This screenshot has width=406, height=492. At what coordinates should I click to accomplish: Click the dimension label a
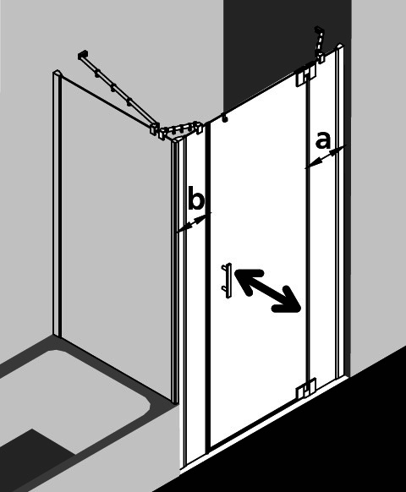(x=323, y=140)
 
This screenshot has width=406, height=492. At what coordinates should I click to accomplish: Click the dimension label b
(x=196, y=199)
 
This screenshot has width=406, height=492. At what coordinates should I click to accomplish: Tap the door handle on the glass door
(x=227, y=281)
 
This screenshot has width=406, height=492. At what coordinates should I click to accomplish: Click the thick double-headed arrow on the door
(x=267, y=291)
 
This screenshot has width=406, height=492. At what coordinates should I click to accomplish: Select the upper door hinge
(x=306, y=75)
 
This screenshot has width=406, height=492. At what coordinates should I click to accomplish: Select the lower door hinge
(x=306, y=388)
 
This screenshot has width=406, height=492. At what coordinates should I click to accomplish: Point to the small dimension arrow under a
(x=326, y=157)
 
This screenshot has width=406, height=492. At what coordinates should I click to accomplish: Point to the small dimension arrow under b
(x=194, y=223)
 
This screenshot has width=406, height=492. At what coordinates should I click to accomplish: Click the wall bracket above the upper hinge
(x=320, y=46)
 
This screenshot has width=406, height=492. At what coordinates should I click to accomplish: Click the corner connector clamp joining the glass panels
(x=176, y=129)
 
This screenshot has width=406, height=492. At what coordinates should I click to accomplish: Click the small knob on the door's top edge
(x=224, y=118)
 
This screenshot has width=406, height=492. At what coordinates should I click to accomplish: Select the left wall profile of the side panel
(x=57, y=204)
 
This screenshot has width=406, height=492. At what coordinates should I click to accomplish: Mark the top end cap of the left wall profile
(x=57, y=74)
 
